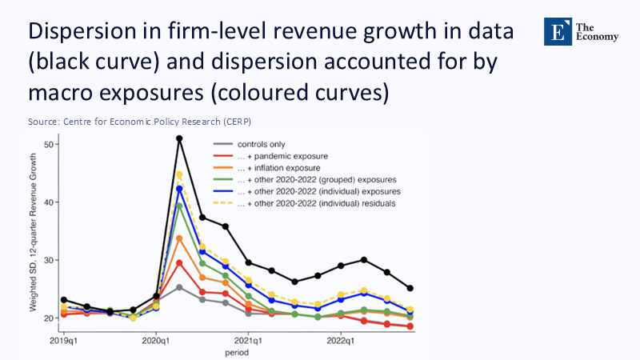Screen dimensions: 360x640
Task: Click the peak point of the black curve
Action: tap(179, 138)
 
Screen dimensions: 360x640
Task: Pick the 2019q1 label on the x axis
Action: tap(63, 341)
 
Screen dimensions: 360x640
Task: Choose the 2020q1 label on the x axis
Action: tap(155, 341)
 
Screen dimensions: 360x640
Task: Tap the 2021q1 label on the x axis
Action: tap(248, 341)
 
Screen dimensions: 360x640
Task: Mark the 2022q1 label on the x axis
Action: tap(341, 341)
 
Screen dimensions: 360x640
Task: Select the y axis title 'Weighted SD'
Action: tap(34, 240)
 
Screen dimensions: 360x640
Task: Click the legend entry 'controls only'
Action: tap(262, 144)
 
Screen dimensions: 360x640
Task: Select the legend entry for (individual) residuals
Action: tap(316, 204)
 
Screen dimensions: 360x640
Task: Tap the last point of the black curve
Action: tap(411, 288)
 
